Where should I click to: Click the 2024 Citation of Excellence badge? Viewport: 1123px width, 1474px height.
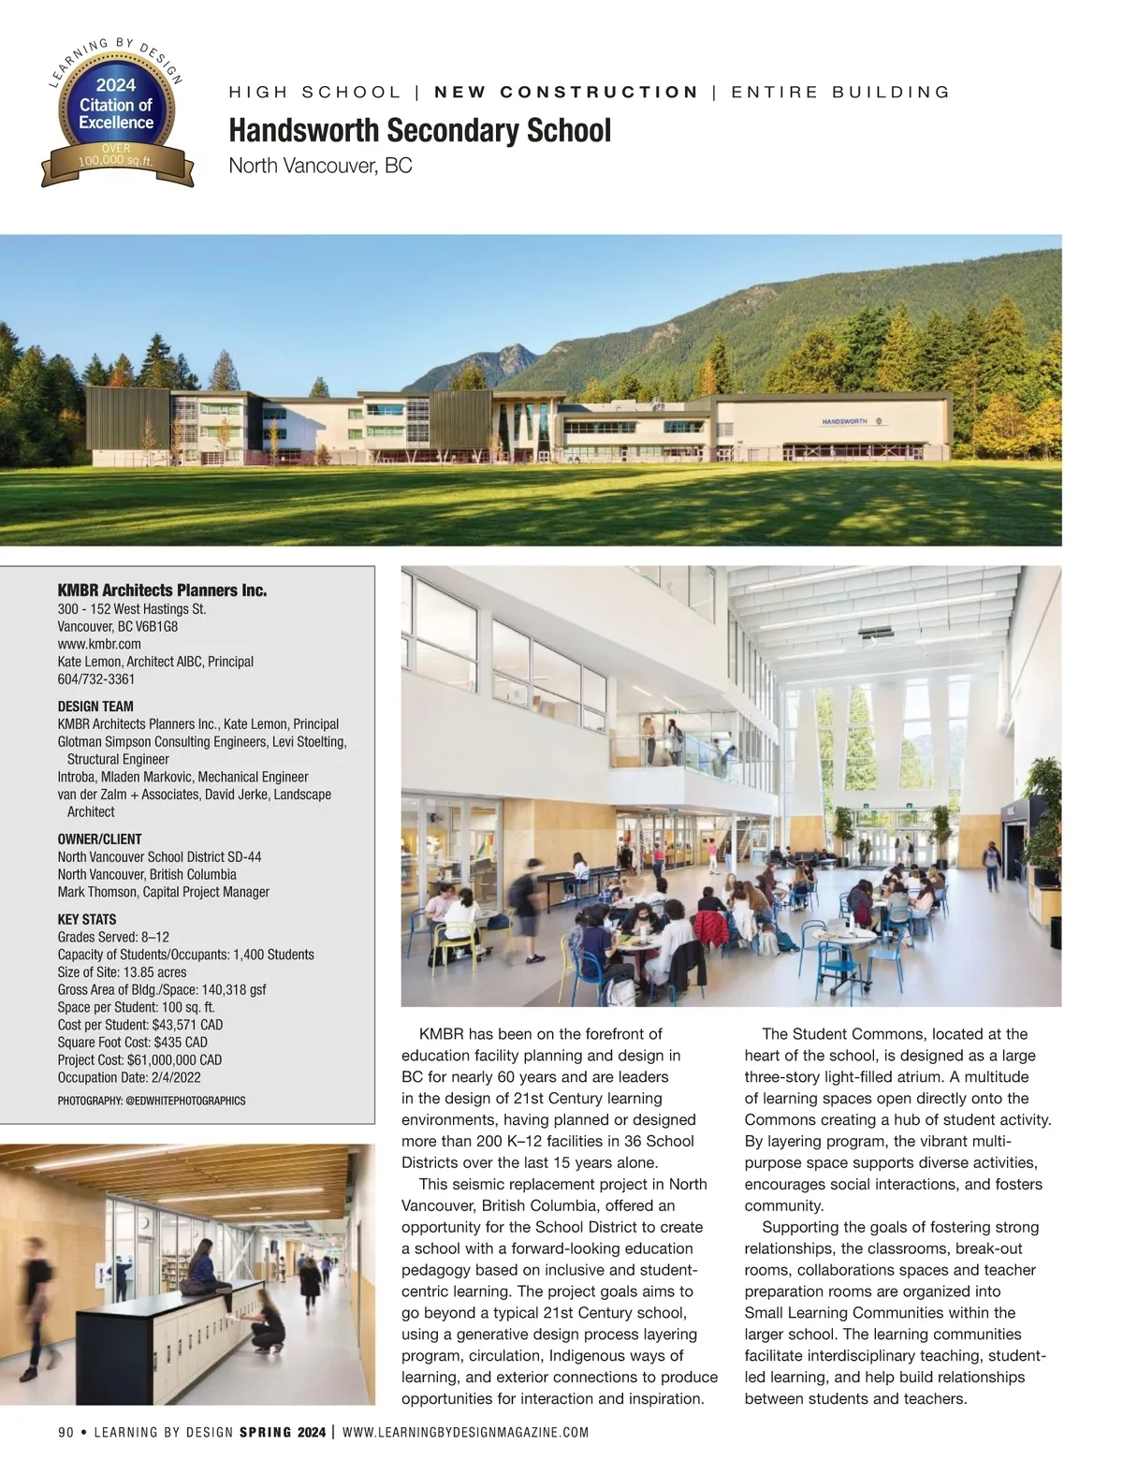tap(116, 113)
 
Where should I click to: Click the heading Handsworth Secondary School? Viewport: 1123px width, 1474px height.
tap(419, 130)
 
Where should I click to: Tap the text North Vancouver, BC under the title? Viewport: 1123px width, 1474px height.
tap(320, 167)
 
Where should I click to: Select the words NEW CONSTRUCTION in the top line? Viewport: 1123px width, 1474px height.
tap(566, 92)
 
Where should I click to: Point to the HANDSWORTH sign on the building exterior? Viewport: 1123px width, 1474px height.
tap(844, 421)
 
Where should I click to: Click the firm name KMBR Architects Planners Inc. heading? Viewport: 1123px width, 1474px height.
tap(162, 591)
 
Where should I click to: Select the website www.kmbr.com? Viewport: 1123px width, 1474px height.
tap(99, 644)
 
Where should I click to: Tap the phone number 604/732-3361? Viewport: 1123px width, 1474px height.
tap(96, 679)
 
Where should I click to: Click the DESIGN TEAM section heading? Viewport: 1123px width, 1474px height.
tap(95, 707)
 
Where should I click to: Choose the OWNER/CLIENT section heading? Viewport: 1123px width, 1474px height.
tap(99, 839)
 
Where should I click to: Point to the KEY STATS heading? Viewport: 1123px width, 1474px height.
tap(86, 920)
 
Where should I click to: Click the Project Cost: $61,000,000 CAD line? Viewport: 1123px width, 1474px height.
tap(139, 1060)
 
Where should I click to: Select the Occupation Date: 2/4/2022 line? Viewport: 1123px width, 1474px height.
tap(129, 1078)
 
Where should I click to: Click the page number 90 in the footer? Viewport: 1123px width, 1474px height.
tap(66, 1433)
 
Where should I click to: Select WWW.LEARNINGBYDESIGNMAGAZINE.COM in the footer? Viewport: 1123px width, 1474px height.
tap(466, 1433)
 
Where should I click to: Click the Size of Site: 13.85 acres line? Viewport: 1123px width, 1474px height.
tap(122, 972)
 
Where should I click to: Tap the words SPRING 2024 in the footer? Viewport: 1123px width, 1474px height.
tap(283, 1433)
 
